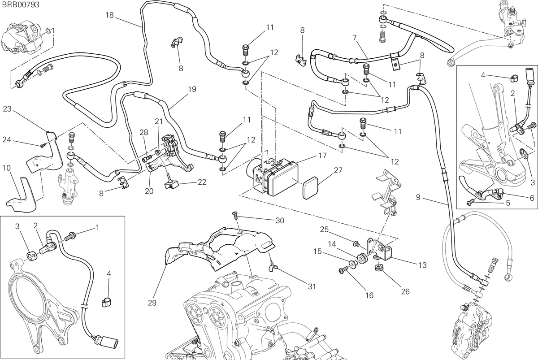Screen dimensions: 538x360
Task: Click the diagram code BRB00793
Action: (x=20, y=5)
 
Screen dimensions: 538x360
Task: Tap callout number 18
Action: (x=109, y=15)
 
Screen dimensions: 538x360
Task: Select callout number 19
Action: (x=192, y=89)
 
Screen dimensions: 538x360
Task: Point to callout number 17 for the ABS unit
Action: (x=322, y=156)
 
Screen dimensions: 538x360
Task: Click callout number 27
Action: (x=338, y=170)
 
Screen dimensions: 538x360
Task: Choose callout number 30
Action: (x=280, y=221)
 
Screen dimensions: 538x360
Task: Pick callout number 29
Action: (x=152, y=303)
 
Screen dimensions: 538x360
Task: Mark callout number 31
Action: (x=312, y=286)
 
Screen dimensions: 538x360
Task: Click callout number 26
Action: (x=405, y=291)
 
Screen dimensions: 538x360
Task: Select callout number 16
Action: (x=369, y=295)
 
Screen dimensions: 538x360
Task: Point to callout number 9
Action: (x=418, y=197)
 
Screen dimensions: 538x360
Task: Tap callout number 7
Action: (x=355, y=38)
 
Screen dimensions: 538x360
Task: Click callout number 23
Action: (x=7, y=109)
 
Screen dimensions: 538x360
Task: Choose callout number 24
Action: (x=7, y=139)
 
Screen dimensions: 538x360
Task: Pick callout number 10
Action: (x=6, y=168)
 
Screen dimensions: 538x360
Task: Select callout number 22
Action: (x=202, y=182)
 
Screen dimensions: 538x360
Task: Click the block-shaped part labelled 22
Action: (x=171, y=186)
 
